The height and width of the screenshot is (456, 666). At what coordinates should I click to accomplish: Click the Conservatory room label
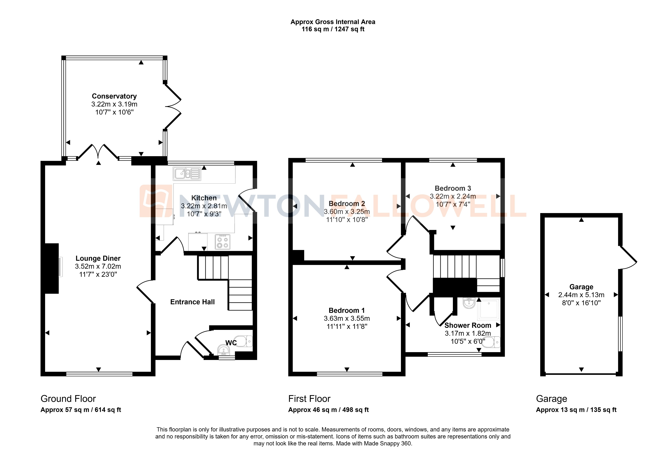114,96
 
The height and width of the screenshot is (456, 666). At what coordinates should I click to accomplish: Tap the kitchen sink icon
186,173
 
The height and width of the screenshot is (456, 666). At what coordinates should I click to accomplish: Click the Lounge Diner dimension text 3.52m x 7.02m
98,266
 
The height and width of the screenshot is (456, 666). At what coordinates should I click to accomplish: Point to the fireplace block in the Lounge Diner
52,268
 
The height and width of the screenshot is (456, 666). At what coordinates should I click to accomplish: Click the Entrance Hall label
192,302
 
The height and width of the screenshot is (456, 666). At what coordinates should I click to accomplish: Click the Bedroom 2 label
347,204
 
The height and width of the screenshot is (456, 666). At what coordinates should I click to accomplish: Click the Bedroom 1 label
347,310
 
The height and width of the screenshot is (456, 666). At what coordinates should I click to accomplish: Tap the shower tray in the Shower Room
488,309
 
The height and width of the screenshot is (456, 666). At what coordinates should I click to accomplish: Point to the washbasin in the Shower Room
469,303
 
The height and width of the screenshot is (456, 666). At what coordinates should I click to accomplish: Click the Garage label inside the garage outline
581,287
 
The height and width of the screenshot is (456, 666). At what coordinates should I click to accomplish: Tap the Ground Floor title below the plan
68,399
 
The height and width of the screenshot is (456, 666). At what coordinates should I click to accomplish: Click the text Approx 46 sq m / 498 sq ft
328,410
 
